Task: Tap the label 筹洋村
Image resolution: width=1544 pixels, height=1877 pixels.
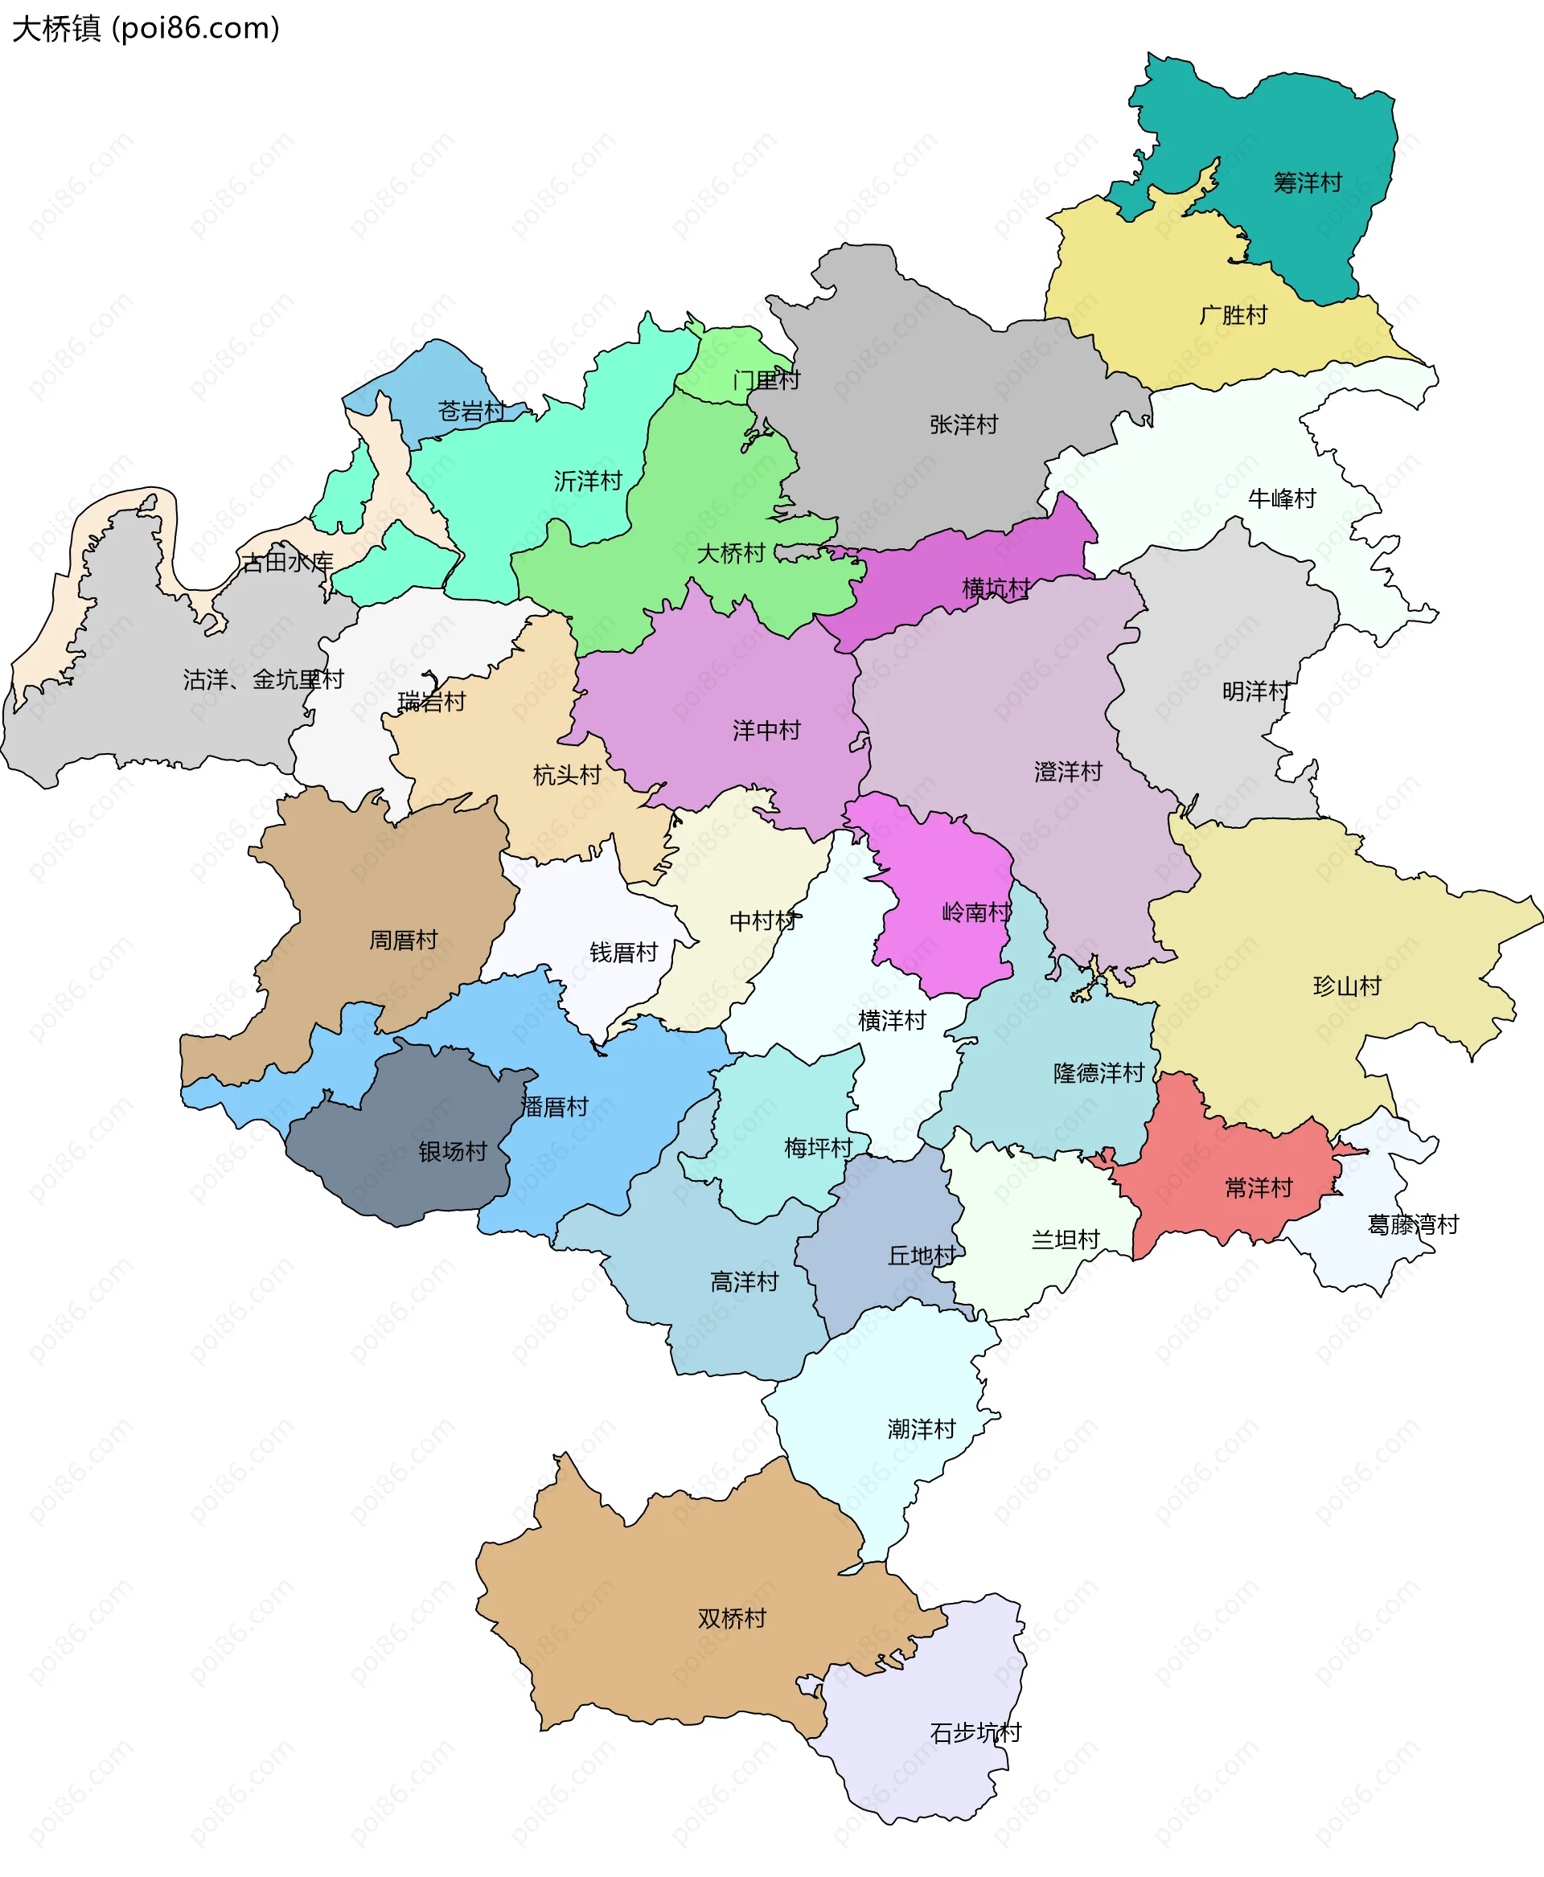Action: [1307, 183]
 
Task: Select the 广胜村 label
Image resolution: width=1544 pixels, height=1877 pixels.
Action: [1233, 315]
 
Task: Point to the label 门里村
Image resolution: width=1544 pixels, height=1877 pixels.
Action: [766, 380]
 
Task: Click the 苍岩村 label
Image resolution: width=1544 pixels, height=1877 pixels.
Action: [471, 411]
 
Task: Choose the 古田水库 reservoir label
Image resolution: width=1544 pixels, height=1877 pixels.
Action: [286, 562]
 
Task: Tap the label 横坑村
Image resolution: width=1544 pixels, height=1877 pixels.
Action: [996, 588]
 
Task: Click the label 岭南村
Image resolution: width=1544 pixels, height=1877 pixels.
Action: [975, 912]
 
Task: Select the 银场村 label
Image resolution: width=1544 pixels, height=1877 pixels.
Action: [453, 1151]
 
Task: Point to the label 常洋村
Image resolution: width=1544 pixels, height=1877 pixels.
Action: [1258, 1188]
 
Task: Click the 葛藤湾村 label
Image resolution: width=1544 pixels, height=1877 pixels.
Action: [1412, 1224]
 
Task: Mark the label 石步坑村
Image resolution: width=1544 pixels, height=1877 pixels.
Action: [975, 1732]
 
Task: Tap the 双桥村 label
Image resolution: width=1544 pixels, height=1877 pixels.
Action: [731, 1618]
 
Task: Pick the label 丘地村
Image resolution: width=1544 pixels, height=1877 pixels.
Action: [922, 1256]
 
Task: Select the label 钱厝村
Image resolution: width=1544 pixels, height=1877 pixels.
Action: [623, 953]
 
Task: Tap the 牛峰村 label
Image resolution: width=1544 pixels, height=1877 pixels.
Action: [1281, 499]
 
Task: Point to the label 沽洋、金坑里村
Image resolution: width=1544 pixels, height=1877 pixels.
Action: [263, 679]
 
